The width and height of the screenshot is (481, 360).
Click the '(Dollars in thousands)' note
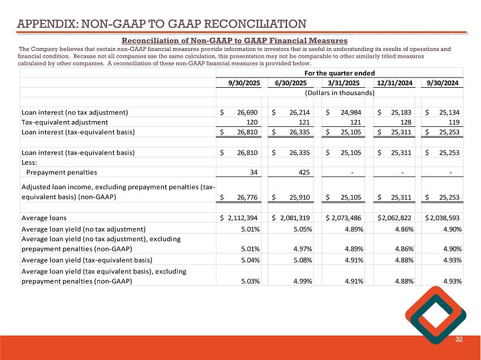(340, 93)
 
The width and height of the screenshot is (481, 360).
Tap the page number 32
(459, 339)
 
